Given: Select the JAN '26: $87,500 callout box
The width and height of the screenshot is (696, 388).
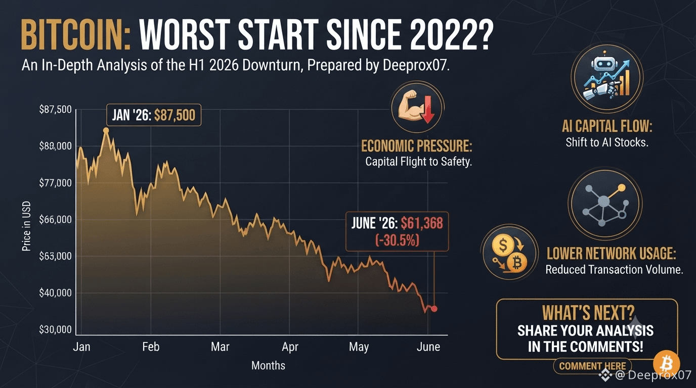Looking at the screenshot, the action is coord(154,115).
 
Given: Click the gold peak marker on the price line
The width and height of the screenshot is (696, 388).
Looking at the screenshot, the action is coord(106,130).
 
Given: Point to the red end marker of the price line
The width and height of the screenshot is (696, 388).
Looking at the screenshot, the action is coord(434,309).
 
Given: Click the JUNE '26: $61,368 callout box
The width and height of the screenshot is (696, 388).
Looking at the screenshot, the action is coord(397,231).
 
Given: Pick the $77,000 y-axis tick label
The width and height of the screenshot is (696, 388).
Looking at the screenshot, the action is coord(55,183).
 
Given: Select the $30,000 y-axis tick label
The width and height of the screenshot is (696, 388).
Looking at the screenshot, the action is coord(55,329).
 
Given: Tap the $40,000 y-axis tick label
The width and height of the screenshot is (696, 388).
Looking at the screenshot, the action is coord(55,293).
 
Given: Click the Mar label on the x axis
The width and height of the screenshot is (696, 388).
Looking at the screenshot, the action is coord(220,347).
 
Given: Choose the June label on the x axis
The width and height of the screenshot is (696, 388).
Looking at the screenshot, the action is coord(428,347).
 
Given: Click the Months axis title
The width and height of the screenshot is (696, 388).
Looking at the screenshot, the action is coord(268,366).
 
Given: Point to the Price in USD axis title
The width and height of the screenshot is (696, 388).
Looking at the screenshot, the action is coord(26,226).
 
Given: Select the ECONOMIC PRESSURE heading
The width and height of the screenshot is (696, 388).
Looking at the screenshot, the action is coord(416,146).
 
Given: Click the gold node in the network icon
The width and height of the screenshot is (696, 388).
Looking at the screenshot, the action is coord(622,188).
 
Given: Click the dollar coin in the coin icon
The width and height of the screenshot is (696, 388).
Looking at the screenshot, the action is coord(502,245).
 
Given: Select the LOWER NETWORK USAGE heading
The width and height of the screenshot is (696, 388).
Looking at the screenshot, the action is coord(611,254).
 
